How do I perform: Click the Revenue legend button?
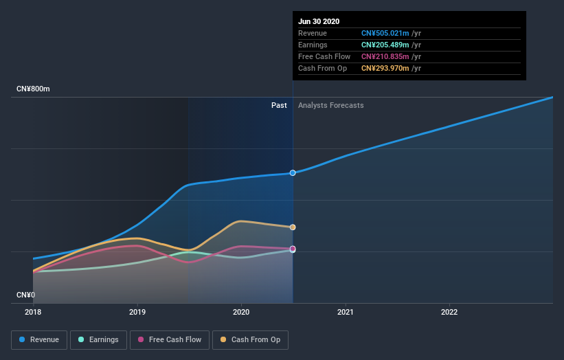40,339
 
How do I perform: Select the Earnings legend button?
98,339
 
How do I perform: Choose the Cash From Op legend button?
251,339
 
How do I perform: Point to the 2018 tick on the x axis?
33,312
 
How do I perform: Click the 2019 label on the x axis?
137,312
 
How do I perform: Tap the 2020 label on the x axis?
241,312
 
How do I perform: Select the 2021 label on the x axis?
346,312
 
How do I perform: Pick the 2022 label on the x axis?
449,312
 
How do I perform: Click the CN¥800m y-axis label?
34,89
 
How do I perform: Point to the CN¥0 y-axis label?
26,295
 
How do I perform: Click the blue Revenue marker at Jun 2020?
293,172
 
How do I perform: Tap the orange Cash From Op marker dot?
293,227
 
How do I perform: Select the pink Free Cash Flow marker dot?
293,249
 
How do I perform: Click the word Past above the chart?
279,105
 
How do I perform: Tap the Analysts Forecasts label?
331,105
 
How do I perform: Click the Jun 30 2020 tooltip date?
319,21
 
